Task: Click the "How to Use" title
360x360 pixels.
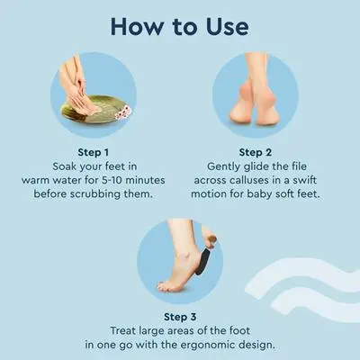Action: [x=180, y=27]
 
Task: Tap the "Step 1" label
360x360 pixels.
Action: [x=93, y=152]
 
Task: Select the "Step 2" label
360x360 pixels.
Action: [x=256, y=152]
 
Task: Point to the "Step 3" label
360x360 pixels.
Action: [x=180, y=317]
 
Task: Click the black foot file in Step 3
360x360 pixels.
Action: [x=202, y=260]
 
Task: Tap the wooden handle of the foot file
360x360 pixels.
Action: [x=212, y=239]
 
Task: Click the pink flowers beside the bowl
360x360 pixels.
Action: [x=123, y=112]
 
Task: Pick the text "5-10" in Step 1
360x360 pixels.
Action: [x=111, y=180]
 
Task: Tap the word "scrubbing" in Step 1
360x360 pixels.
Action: [x=95, y=194]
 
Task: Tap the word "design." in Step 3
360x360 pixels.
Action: [x=257, y=345]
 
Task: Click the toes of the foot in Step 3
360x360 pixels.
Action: [x=166, y=286]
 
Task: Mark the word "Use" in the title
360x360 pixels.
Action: [x=228, y=27]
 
